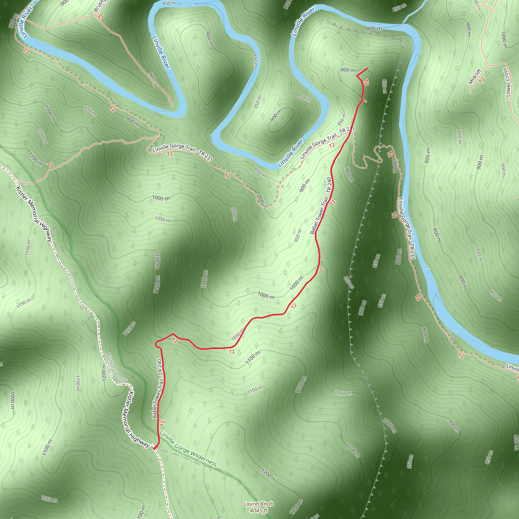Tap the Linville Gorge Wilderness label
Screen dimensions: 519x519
(188, 448)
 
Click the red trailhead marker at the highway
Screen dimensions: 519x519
(155, 448)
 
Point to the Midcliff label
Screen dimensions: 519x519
(474, 77)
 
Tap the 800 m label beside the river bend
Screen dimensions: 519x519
(374, 28)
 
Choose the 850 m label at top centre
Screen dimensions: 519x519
(169, 3)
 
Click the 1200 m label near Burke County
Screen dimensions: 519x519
(104, 372)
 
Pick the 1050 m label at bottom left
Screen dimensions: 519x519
(49, 499)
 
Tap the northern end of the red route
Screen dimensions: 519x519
(367, 68)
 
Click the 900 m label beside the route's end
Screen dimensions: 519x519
(348, 70)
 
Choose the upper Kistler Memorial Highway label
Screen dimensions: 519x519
(34, 214)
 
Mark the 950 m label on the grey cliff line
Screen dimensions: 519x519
(349, 282)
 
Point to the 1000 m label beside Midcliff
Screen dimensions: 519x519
(504, 40)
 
